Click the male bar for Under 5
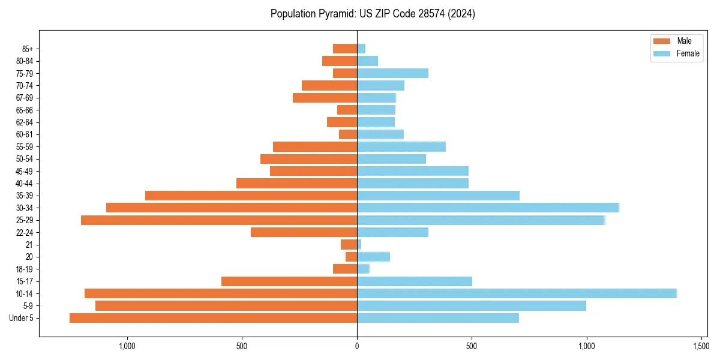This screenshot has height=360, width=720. pos(213,318)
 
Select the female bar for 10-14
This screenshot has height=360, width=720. pos(517,293)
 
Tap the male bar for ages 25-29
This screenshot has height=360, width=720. pos(219,220)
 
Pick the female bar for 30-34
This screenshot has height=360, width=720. pos(488,208)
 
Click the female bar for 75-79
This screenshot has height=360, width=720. pos(392,73)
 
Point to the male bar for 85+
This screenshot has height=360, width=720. pos(345,49)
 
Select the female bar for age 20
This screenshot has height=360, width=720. pos(373,257)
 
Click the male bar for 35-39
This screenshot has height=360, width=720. pos(251,196)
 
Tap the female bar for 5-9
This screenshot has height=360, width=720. pos(471,306)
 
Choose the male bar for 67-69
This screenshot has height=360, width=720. pos(325,98)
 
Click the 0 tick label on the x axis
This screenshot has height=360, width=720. pos(357,346)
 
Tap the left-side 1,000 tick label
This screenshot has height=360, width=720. pos(127,346)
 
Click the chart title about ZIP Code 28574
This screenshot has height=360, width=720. pos(373,14)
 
